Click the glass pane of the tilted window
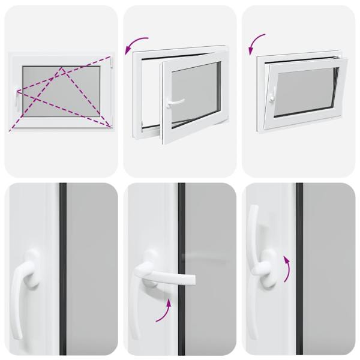(x=303, y=90)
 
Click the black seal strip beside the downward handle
(x=62, y=270)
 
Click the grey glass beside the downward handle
(x=90, y=270)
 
